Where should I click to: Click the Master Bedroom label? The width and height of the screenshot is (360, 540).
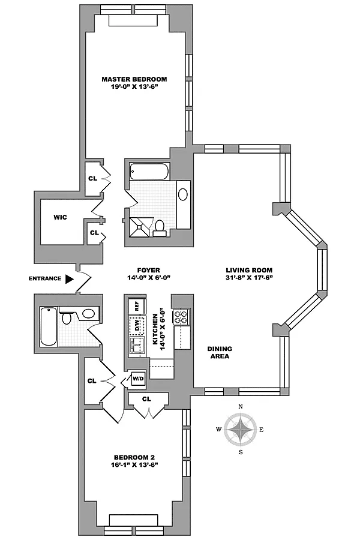(134, 79)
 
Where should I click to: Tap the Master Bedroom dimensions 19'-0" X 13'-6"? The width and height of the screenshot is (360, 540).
(134, 88)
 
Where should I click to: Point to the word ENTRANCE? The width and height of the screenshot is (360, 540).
(44, 278)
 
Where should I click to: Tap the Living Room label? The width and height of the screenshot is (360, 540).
(249, 270)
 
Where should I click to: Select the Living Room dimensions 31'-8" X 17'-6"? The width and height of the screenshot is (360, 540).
(249, 278)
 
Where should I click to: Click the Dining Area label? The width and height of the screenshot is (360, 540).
(220, 352)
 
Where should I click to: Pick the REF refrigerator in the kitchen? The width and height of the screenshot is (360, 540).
(136, 305)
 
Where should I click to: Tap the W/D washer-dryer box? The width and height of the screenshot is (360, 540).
(138, 379)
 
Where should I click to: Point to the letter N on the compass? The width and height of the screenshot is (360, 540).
(241, 407)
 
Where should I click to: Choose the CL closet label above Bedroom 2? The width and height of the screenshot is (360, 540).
(146, 398)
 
